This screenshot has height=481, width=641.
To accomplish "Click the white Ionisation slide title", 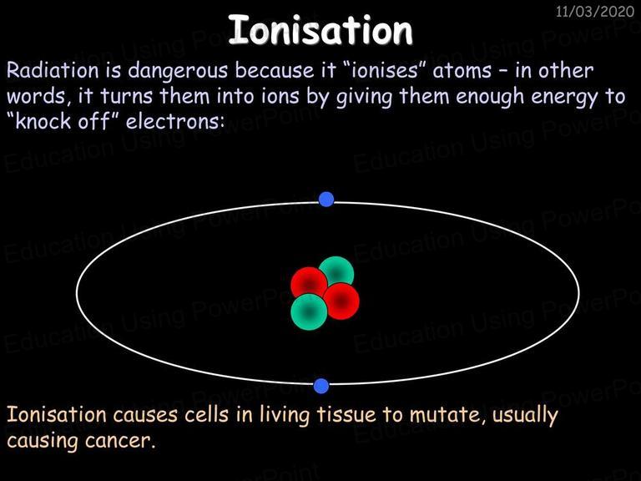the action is click(320, 30).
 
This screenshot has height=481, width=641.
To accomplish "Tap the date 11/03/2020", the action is click(595, 12).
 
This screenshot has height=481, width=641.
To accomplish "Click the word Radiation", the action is click(53, 70).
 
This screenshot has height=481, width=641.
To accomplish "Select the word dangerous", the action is click(178, 72).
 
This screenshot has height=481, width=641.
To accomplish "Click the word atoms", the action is click(462, 71).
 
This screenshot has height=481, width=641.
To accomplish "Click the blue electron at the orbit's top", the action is click(326, 200).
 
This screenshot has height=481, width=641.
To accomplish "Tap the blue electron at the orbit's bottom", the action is click(321, 386).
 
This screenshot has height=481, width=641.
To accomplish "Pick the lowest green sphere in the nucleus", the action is click(309, 311).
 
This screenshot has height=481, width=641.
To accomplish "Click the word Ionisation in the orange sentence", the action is click(57, 414).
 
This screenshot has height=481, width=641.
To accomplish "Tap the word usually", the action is click(525, 417).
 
